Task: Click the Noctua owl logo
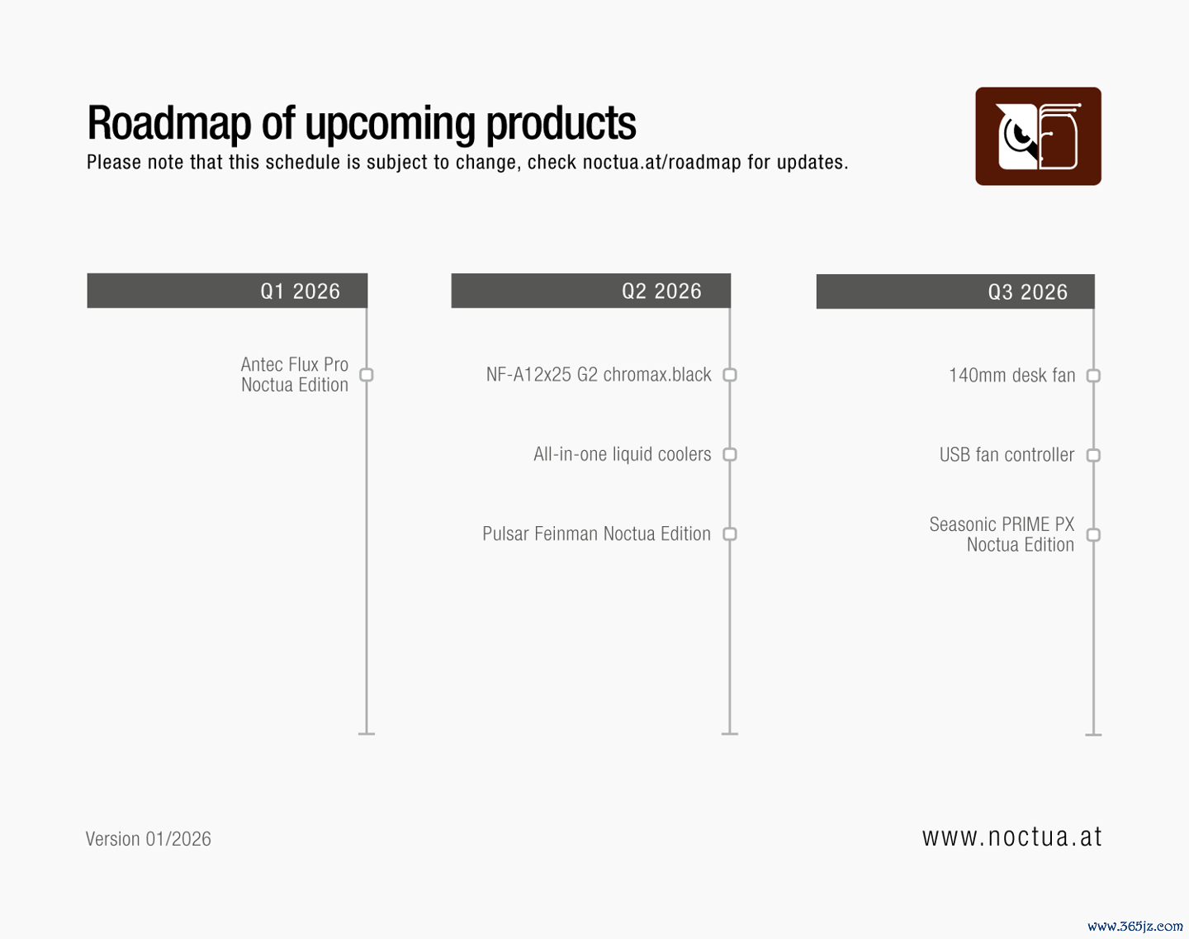(1038, 136)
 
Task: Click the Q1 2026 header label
(300, 292)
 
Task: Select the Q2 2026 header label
(661, 292)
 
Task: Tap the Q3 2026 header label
(1028, 292)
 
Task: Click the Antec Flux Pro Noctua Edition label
(295, 375)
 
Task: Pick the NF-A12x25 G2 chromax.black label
(599, 375)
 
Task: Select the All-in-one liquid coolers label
(622, 454)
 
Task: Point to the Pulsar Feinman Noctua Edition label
(596, 534)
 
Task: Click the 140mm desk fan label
(1011, 376)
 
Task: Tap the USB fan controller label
(1007, 455)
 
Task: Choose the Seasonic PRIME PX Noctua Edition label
(1002, 534)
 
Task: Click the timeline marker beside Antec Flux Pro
(367, 375)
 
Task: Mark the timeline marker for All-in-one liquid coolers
(730, 454)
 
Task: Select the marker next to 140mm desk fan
(1093, 376)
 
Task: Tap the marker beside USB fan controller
(1093, 455)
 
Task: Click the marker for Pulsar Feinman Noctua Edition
(730, 534)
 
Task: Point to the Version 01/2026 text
(148, 839)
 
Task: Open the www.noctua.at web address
(1011, 837)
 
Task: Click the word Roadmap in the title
(169, 123)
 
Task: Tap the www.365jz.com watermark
(1135, 927)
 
